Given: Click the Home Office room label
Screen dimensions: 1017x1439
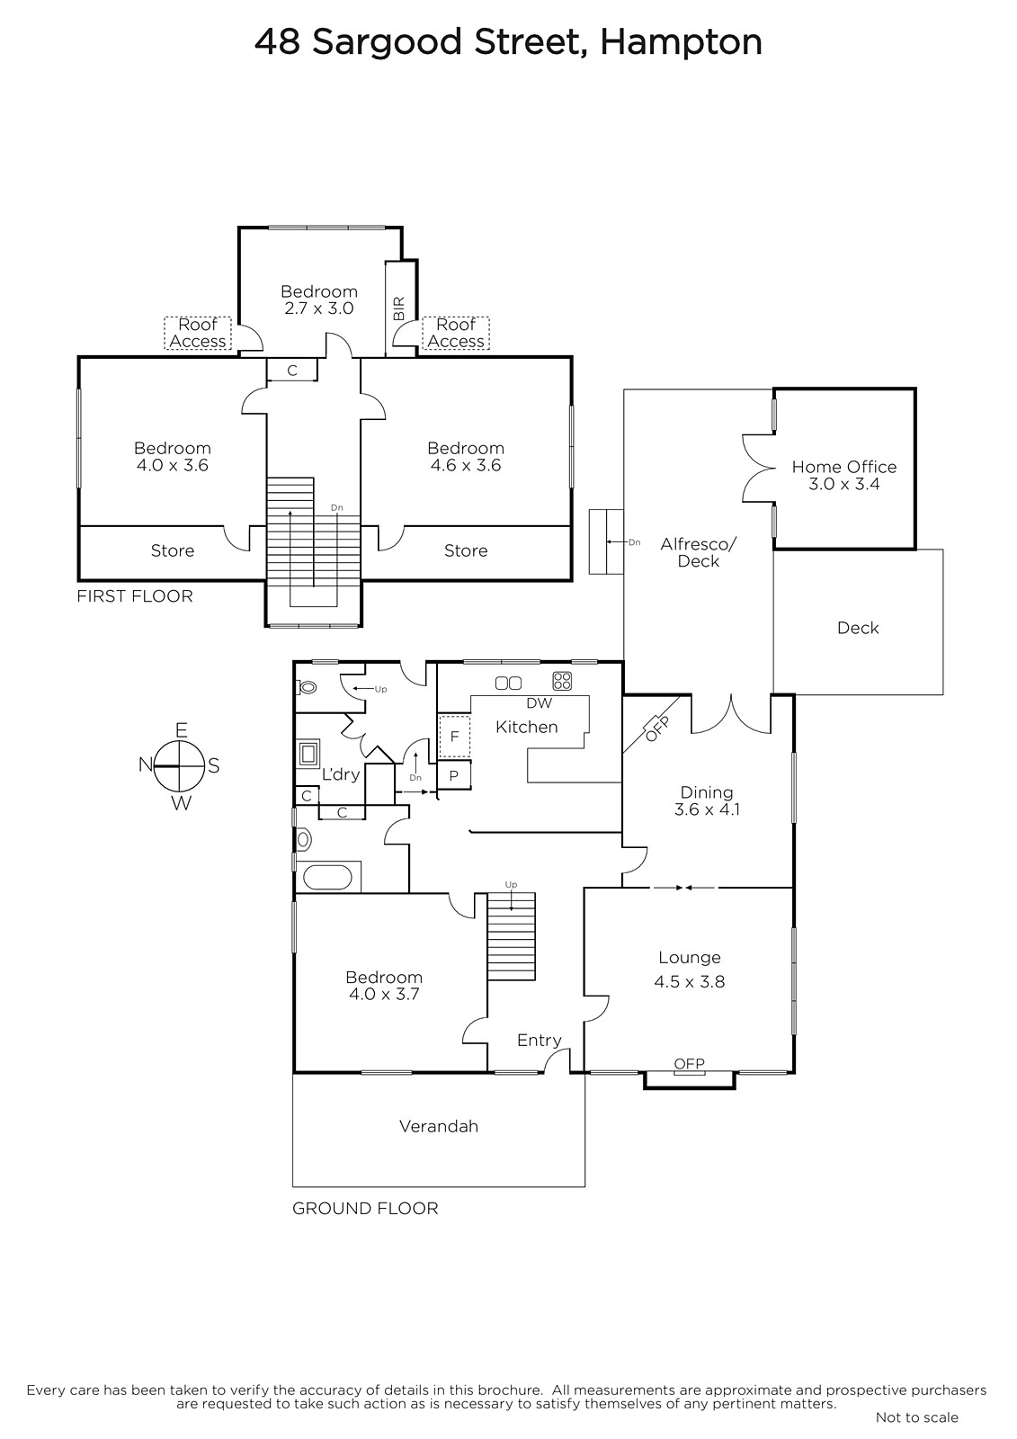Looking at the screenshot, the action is (843, 467).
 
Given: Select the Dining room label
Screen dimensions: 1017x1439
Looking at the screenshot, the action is (707, 792).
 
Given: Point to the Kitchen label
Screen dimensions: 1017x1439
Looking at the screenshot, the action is (527, 727).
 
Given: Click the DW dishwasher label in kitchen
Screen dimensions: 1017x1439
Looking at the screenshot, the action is (539, 702).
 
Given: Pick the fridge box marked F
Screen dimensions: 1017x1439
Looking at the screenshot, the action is (454, 737).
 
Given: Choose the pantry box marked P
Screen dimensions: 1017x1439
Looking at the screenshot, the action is (453, 775).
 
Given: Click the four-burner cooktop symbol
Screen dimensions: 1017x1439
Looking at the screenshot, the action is (561, 681).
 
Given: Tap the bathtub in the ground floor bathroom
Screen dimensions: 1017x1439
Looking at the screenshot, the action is (327, 878).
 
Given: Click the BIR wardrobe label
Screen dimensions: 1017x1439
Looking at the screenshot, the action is (399, 308).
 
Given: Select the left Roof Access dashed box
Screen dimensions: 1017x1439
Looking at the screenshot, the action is (198, 333).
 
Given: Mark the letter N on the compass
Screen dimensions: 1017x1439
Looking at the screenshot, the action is (146, 764).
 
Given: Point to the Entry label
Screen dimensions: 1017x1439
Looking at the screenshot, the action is (539, 1040).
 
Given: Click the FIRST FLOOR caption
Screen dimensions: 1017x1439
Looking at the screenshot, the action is (135, 596).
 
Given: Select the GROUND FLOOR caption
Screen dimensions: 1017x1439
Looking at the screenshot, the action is (365, 1209).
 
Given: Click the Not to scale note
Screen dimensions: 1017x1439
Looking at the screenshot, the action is (917, 1417).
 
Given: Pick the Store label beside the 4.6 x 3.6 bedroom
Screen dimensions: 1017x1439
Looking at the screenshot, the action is (466, 550).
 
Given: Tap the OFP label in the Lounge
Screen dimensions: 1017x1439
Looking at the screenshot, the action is (690, 1064).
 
